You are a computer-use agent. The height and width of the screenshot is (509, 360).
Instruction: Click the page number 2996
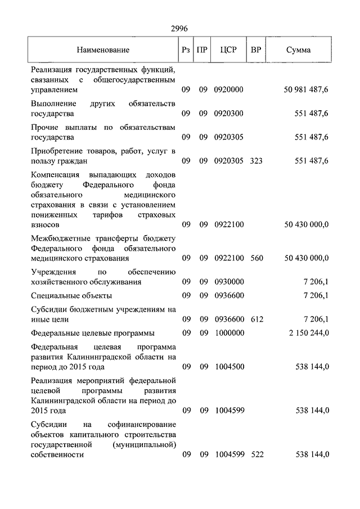[179, 29]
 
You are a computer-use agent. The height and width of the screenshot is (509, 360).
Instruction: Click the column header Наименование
[103, 50]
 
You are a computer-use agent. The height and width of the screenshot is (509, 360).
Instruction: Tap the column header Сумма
[298, 50]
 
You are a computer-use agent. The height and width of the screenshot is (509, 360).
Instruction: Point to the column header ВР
[256, 49]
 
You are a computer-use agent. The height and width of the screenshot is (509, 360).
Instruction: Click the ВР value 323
[256, 161]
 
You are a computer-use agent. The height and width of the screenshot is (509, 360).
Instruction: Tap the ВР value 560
[256, 258]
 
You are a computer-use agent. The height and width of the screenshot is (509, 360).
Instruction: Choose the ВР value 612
[256, 319]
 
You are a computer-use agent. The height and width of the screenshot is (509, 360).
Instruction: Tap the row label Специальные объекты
[71, 296]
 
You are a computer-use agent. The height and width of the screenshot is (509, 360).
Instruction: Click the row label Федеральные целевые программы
[93, 333]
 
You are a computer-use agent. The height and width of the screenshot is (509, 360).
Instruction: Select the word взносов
[48, 225]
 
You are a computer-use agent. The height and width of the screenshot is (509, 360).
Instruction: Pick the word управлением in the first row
[55, 90]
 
